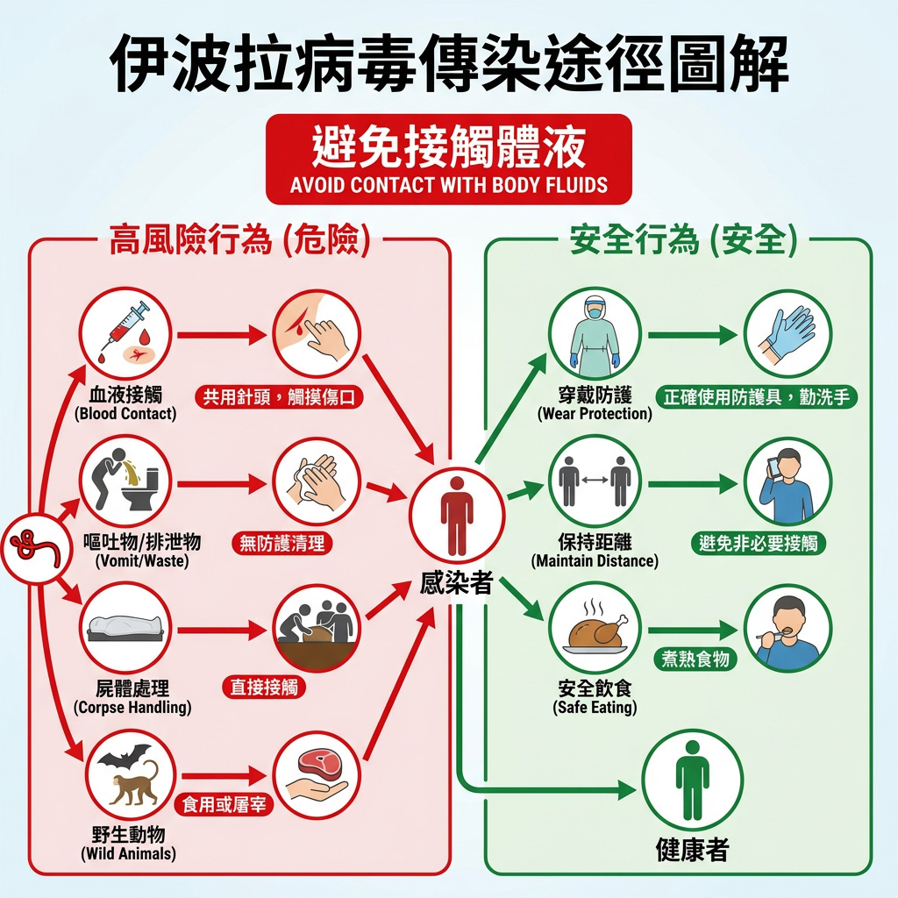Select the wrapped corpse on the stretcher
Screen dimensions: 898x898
point(125,628)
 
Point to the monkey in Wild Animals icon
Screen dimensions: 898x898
point(134,783)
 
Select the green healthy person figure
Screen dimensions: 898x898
point(692,780)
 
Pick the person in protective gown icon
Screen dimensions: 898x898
point(595,334)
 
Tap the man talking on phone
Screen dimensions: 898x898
point(787,486)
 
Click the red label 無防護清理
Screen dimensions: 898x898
point(282,543)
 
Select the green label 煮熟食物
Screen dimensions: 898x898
point(695,659)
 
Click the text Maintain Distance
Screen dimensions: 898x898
point(595,560)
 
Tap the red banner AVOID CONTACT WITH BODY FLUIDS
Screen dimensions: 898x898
point(448,160)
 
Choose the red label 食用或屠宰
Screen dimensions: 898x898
point(224,805)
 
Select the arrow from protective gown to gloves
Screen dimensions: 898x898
point(693,335)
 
